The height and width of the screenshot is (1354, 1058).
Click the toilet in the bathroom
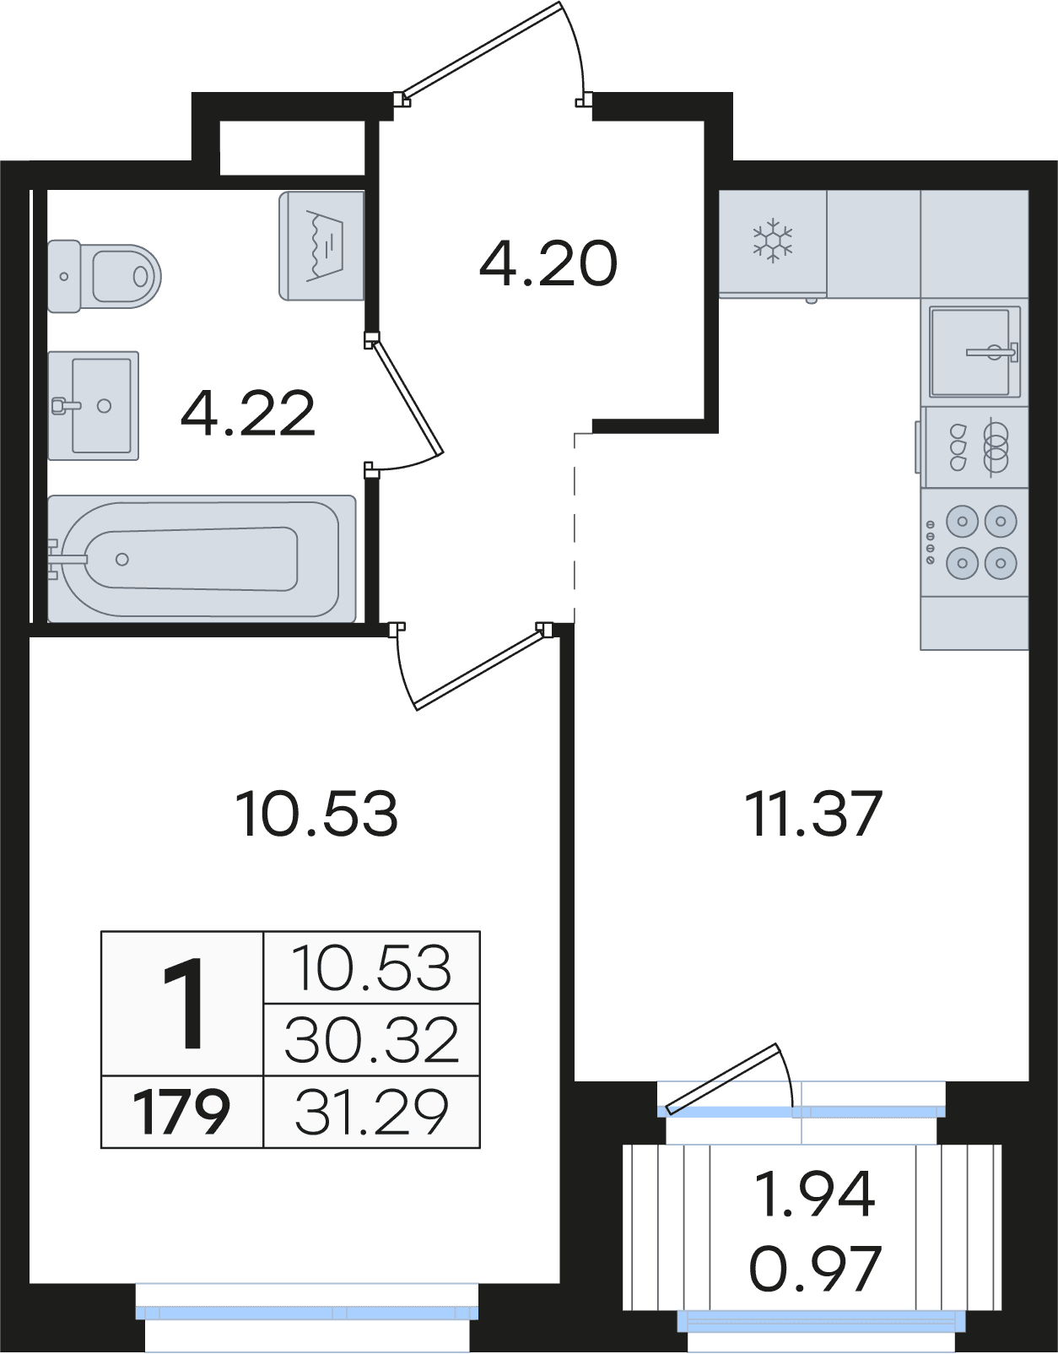pyautogui.click(x=104, y=276)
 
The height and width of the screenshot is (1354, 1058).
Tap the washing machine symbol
pyautogui.click(x=321, y=246)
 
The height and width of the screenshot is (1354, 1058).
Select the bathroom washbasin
pyautogui.click(x=94, y=406)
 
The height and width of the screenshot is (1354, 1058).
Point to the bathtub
pyautogui.click(x=202, y=558)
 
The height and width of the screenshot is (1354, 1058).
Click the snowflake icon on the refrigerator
pyautogui.click(x=773, y=240)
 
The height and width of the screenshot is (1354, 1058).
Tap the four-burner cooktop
pyautogui.click(x=974, y=542)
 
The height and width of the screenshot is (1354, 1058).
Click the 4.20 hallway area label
pyautogui.click(x=548, y=263)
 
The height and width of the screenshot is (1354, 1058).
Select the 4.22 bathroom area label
pyautogui.click(x=248, y=413)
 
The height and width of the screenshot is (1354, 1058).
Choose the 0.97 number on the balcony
pyautogui.click(x=815, y=1268)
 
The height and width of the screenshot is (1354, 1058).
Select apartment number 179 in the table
pyautogui.click(x=182, y=1112)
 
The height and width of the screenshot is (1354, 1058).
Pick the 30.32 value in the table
pyautogui.click(x=372, y=1041)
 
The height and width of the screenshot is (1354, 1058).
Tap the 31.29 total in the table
pyautogui.click(x=372, y=1112)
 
